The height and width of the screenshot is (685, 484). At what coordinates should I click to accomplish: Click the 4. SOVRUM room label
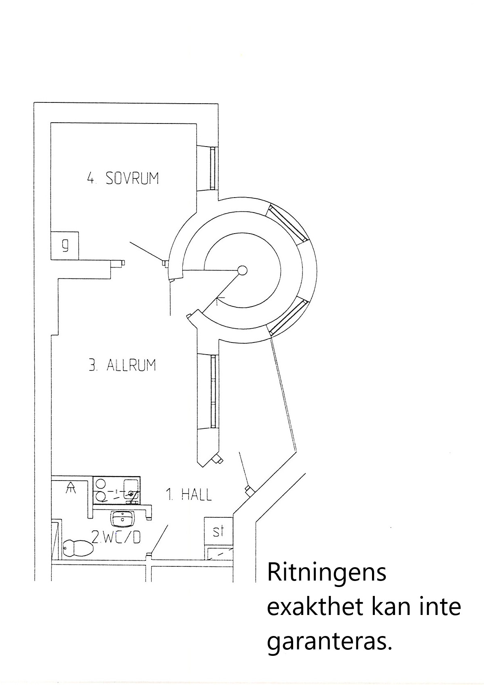click(x=123, y=179)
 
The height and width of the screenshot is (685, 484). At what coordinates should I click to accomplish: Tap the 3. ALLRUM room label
click(x=122, y=365)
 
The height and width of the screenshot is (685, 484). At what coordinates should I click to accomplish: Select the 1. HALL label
click(x=189, y=495)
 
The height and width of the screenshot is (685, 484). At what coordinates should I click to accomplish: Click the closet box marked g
click(x=65, y=246)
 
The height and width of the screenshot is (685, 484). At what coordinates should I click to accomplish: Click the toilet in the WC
click(x=78, y=548)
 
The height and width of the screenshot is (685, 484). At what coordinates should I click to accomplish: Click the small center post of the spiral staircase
click(x=243, y=270)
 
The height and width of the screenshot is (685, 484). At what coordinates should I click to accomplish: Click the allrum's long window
click(x=213, y=391)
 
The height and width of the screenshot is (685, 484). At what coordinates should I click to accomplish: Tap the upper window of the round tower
click(x=287, y=223)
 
